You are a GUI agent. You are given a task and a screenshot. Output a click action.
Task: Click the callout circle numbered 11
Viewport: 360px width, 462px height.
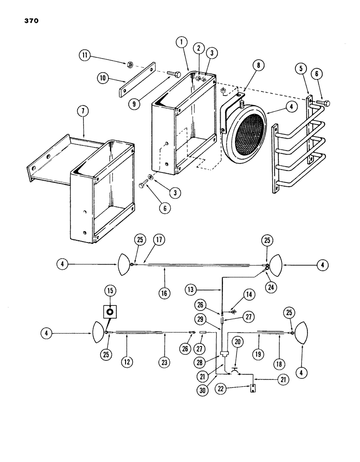tap(83, 57)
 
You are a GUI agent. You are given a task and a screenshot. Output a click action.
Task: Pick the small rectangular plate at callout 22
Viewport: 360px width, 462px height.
tap(253, 388)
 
